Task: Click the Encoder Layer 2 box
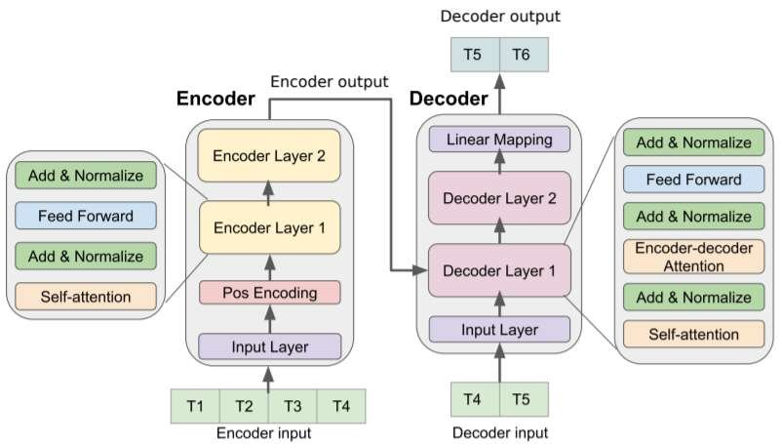269,156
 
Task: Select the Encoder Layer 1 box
269,230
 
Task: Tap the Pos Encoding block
269,291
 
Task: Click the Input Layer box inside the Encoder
269,346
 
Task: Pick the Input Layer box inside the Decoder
499,330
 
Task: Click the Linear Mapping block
499,140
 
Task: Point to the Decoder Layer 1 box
499,269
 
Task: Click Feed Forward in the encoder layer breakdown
86,216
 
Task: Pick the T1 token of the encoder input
195,405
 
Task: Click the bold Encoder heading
215,99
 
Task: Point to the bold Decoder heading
448,99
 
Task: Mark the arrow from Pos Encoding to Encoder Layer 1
269,266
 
